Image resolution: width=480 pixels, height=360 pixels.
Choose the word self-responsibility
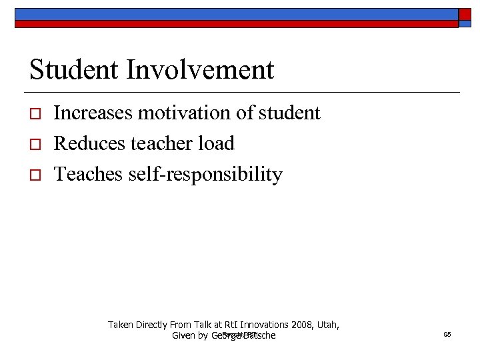pyautogui.click(x=206, y=175)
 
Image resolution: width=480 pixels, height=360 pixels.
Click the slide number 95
pyautogui.click(x=447, y=334)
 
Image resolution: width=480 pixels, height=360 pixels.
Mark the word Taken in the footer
pyautogui.click(x=120, y=325)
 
